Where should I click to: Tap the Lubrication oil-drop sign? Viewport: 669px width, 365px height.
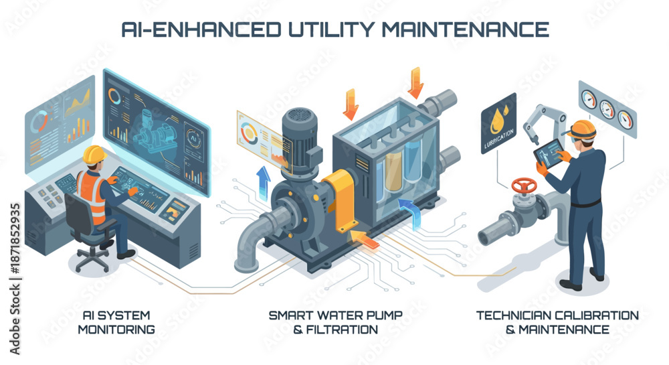point(499,123)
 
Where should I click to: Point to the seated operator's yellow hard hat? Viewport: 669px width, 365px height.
point(94,155)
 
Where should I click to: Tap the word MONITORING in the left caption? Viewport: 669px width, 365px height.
point(116,330)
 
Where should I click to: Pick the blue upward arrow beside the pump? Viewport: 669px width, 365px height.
point(263,183)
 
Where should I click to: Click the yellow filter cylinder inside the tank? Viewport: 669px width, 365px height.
point(393,171)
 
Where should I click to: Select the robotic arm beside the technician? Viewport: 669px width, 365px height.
point(542,123)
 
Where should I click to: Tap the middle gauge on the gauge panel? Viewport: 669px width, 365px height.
point(607,109)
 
